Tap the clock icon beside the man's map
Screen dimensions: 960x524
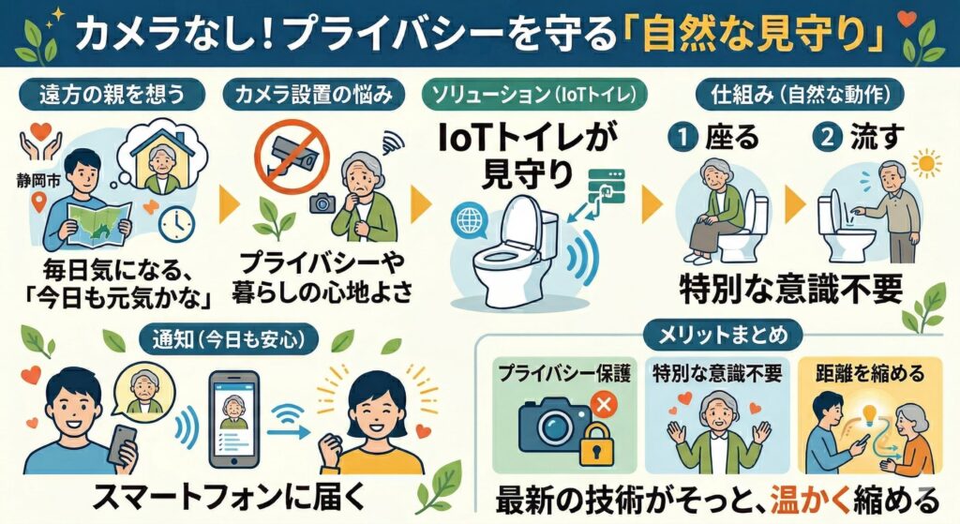click(x=176, y=224)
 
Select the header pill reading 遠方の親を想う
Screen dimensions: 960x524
click(x=112, y=95)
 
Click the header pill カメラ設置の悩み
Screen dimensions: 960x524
click(x=313, y=95)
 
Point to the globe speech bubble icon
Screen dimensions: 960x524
click(x=469, y=221)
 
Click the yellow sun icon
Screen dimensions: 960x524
click(x=925, y=163)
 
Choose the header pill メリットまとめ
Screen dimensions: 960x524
click(x=723, y=335)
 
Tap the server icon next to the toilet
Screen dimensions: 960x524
click(x=607, y=187)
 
